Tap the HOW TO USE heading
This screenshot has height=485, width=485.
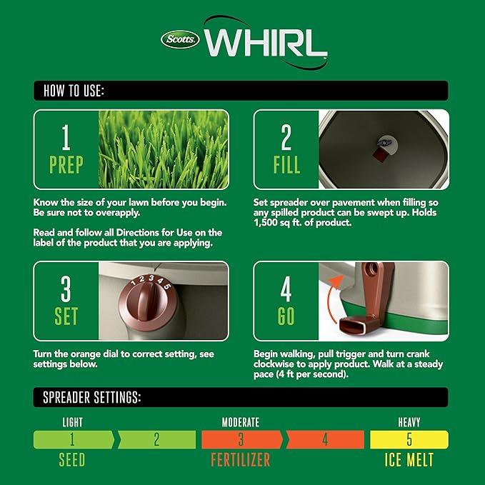click(x=74, y=91)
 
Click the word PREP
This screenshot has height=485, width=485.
click(x=66, y=166)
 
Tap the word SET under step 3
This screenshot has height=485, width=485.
click(x=66, y=316)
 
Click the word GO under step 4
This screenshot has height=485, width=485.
click(x=286, y=316)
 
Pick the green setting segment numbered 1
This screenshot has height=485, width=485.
click(x=72, y=439)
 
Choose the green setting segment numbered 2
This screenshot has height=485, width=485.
click(x=156, y=439)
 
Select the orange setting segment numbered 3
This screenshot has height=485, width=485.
click(x=241, y=439)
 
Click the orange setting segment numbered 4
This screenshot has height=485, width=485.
click(x=324, y=439)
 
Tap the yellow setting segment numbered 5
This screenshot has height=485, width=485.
click(x=409, y=439)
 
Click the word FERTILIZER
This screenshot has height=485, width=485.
click(x=241, y=459)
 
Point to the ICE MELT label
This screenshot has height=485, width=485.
click(x=409, y=459)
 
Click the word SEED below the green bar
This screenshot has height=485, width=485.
click(x=71, y=459)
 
